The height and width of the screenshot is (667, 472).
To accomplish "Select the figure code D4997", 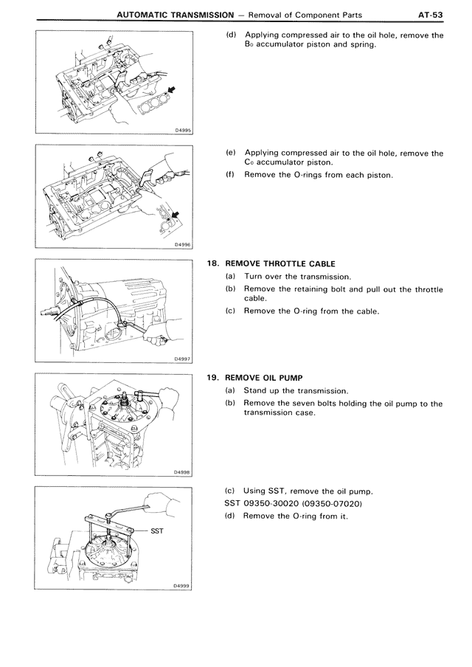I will click(183, 359).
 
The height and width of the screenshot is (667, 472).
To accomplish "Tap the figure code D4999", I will click(183, 587).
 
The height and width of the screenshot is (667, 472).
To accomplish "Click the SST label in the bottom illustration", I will click(159, 529).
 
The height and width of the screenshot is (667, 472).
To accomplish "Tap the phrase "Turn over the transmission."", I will click(297, 276).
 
